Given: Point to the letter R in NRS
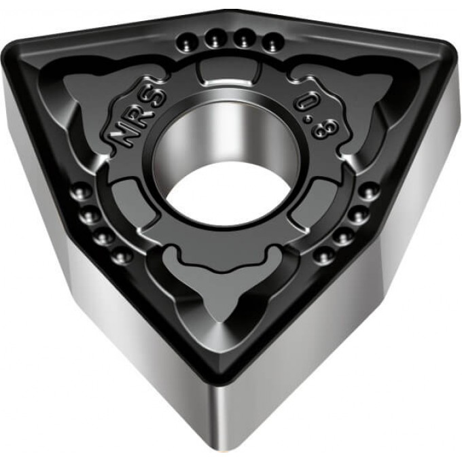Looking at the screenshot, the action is click(137, 115).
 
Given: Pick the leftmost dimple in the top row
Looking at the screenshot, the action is click(187, 43).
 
